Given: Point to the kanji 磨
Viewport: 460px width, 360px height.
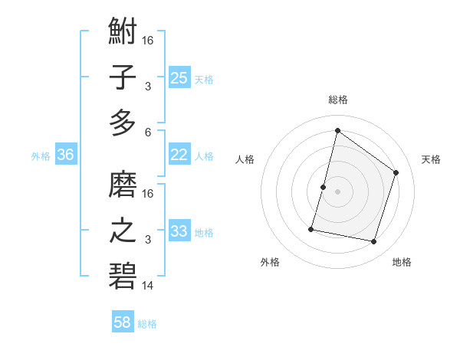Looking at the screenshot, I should [123, 185].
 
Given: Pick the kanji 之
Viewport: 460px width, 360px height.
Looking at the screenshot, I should [123, 230].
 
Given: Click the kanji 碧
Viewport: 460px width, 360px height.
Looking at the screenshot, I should [123, 274].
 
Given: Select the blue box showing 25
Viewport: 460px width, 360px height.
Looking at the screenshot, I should [179, 77].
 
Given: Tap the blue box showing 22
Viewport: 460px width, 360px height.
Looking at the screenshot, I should [179, 155].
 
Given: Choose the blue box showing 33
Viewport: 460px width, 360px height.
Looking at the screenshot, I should [179, 231].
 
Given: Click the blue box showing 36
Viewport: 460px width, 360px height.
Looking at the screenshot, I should [66, 155].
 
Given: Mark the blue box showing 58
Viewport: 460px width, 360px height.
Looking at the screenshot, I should [123, 322].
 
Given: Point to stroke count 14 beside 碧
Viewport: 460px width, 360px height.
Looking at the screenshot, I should [148, 286].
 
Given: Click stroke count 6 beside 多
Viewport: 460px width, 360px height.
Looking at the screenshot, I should [148, 131].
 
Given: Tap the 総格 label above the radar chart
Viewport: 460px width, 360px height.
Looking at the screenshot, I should [337, 100].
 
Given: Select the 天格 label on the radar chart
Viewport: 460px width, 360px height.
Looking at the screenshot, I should [431, 159].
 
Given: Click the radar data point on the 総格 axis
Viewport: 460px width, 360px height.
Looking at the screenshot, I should [337, 131].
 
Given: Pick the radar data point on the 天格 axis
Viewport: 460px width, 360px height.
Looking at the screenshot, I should [396, 172].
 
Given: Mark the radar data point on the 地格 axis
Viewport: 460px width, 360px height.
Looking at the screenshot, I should [374, 242].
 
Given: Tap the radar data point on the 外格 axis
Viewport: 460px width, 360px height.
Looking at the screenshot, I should [312, 228].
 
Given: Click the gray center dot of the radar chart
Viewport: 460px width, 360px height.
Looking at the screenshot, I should [337, 191].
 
